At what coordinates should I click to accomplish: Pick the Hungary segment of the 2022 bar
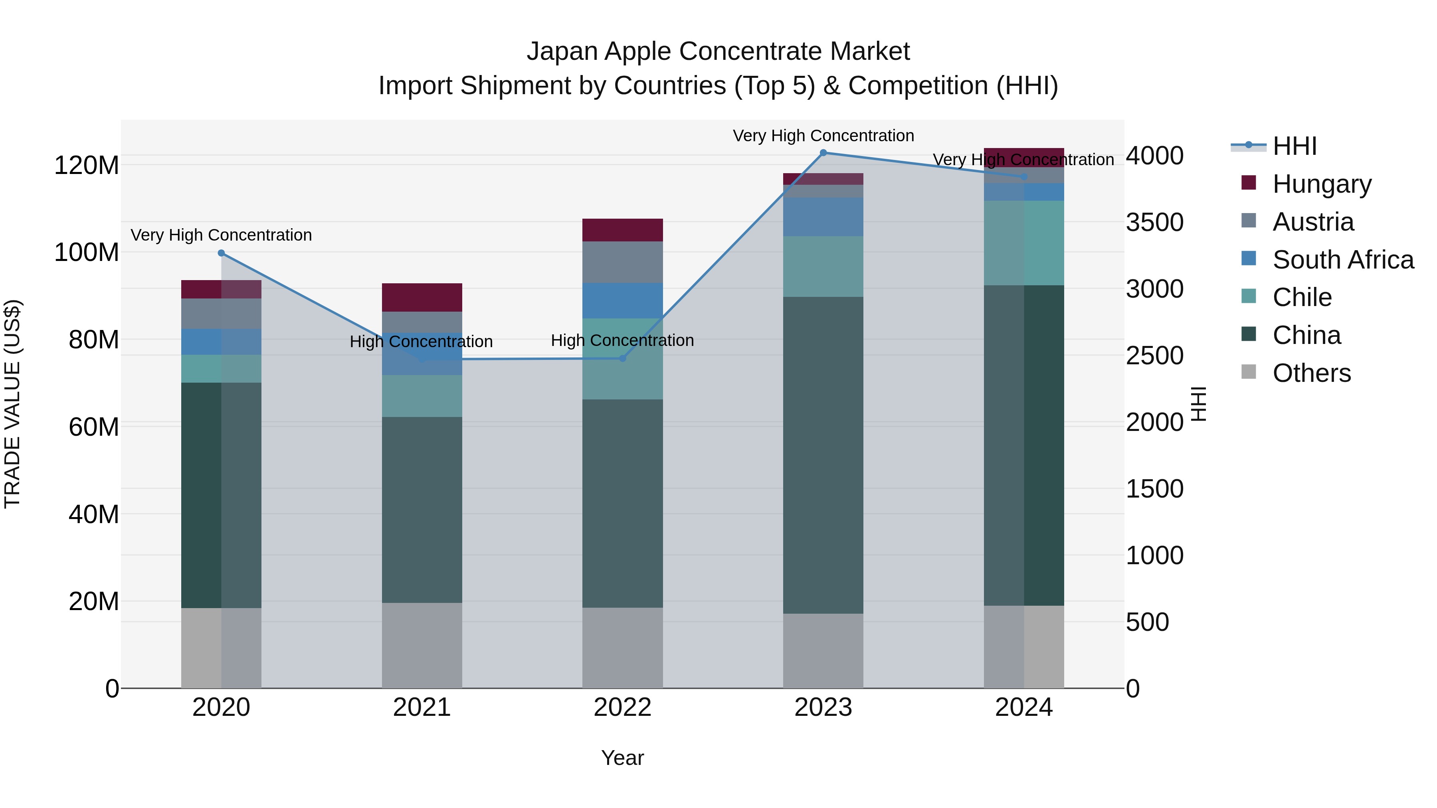click(x=623, y=230)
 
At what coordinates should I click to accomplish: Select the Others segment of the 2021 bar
click(x=422, y=645)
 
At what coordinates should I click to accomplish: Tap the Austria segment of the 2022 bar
click(x=623, y=262)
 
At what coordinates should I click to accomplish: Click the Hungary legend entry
click(x=1322, y=184)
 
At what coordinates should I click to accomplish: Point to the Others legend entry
click(x=1311, y=373)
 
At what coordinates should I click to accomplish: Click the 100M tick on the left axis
click(x=87, y=253)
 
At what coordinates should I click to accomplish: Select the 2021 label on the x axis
click(x=422, y=707)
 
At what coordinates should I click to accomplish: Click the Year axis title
click(x=623, y=758)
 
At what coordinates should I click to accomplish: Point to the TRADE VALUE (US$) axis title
click(x=12, y=404)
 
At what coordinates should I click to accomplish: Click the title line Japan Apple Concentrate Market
click(x=718, y=51)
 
